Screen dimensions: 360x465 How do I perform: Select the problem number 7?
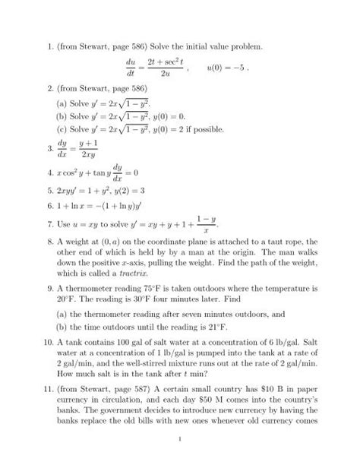(46, 226)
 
